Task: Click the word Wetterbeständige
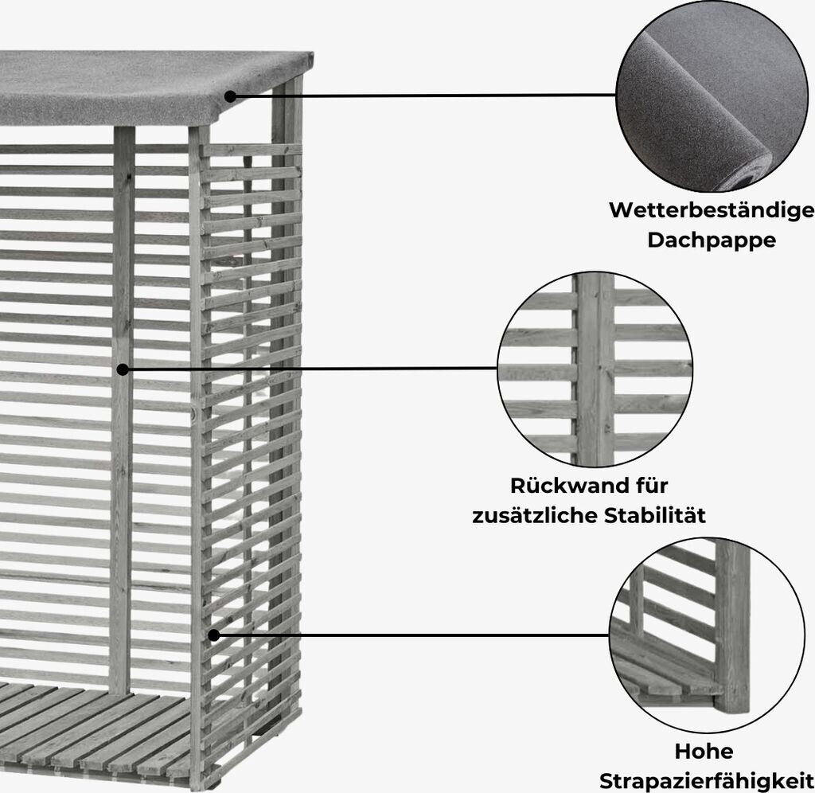point(712,210)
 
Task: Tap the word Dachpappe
point(711,240)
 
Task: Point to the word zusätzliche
point(528,516)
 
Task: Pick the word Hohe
point(704,751)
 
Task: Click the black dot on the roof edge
point(230,96)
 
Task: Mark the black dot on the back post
point(122,369)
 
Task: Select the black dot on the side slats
point(213,635)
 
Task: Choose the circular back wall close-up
point(595,369)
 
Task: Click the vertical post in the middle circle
point(595,369)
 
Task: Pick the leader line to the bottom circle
point(414,635)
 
